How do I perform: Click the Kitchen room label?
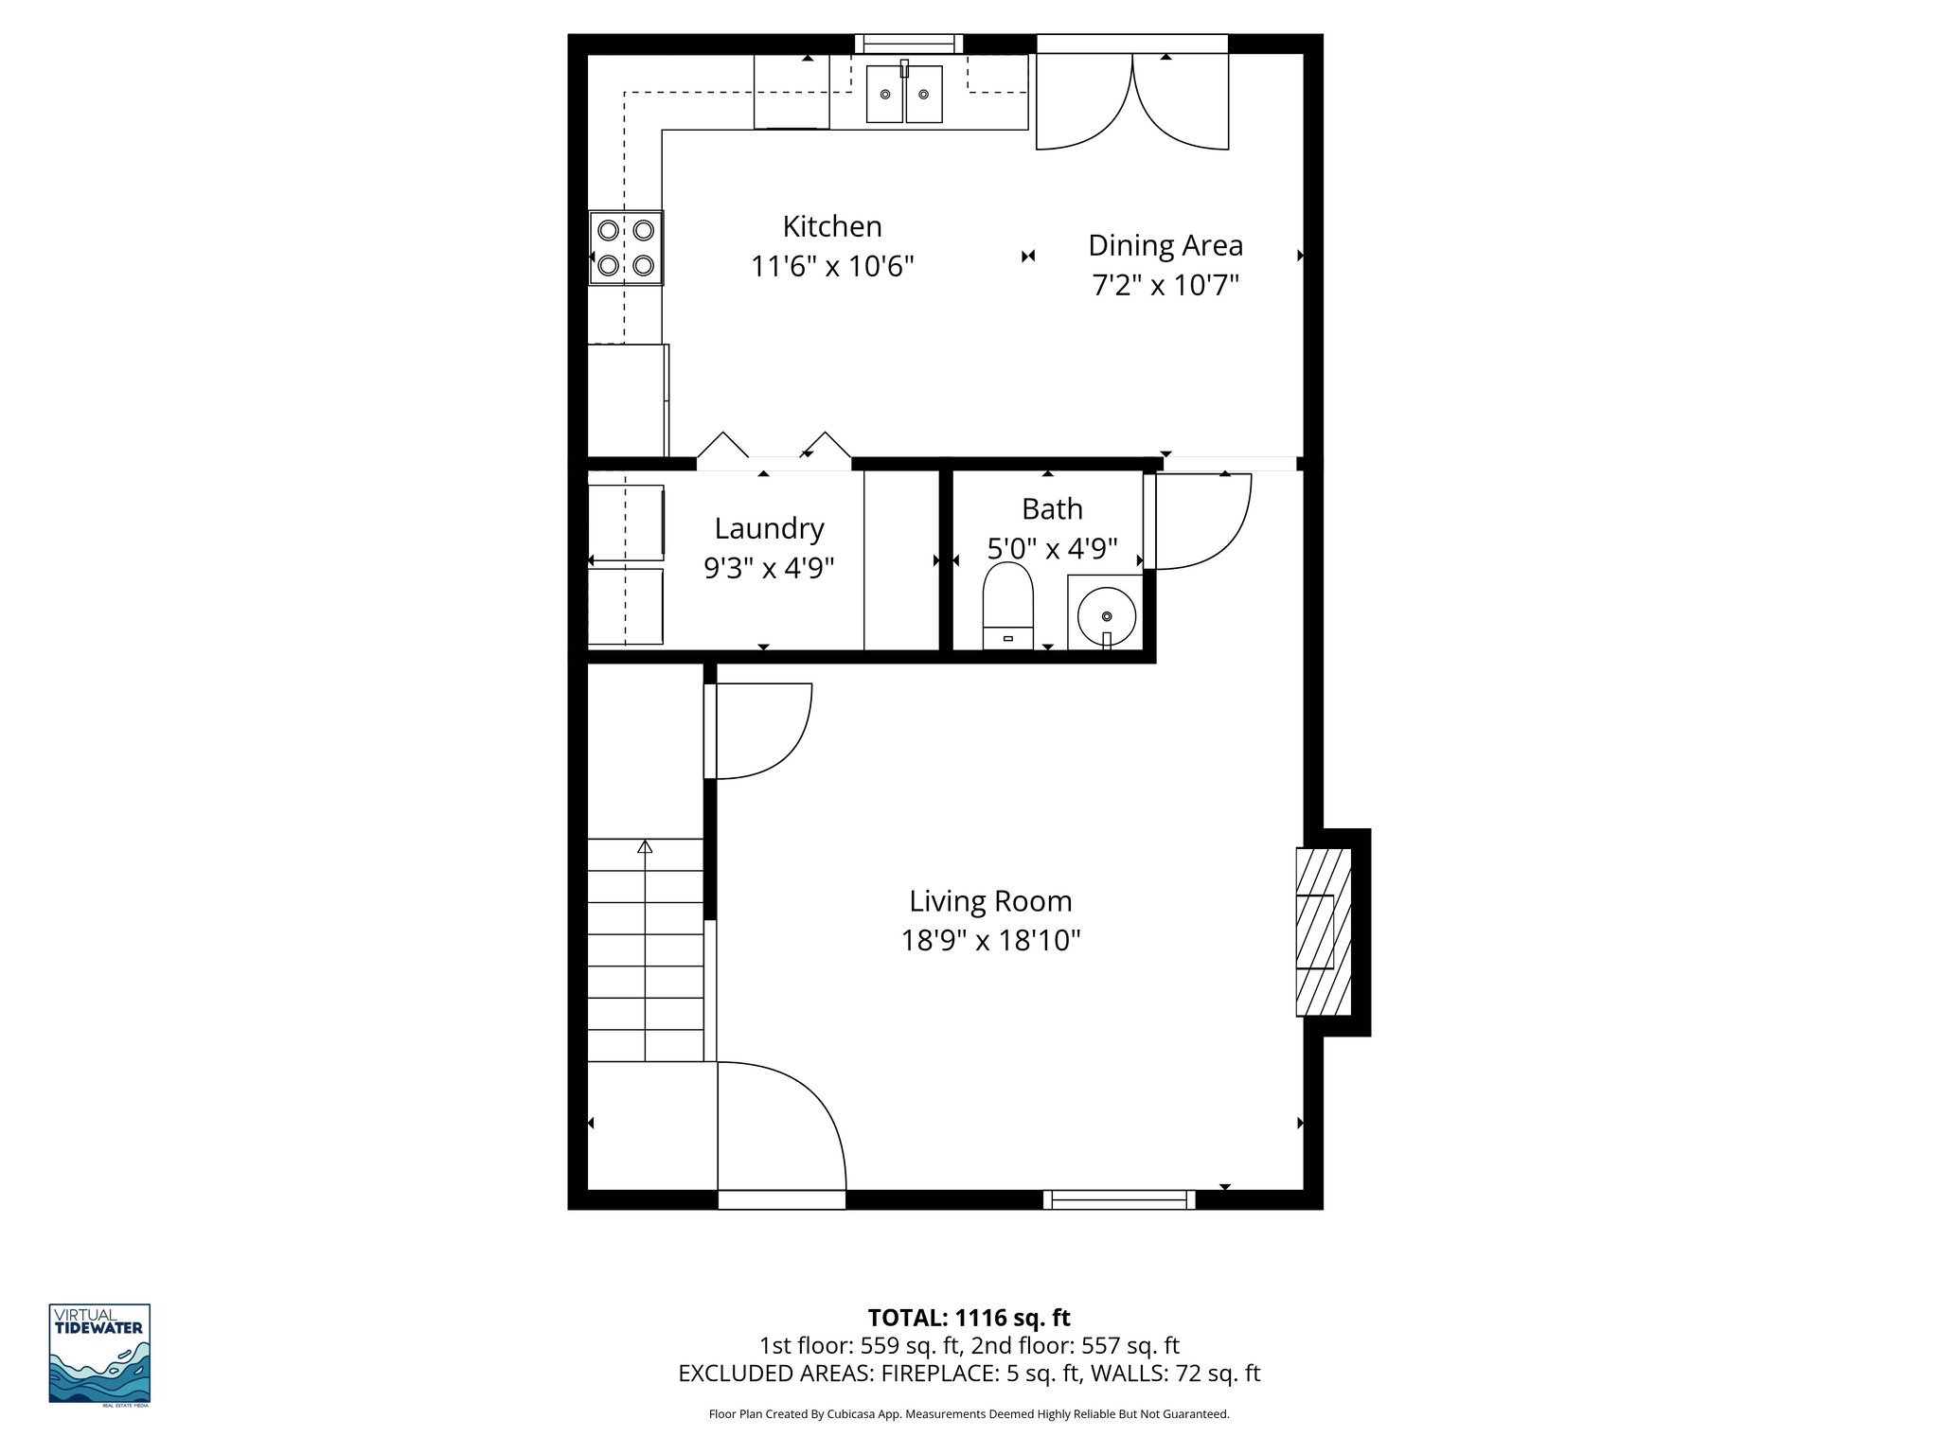(x=831, y=226)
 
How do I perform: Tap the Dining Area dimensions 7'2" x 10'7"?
(x=1165, y=285)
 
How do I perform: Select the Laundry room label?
(x=769, y=528)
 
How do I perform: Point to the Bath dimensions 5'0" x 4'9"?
(x=1052, y=548)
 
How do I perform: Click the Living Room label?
(x=990, y=900)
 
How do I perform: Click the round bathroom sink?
(x=1106, y=615)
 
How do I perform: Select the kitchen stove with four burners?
(x=626, y=248)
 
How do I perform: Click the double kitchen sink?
(x=905, y=94)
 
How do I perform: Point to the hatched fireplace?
(x=1323, y=932)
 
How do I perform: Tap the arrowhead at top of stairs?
(x=646, y=846)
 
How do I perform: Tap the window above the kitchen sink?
(x=909, y=44)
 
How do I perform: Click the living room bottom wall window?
(x=1119, y=1200)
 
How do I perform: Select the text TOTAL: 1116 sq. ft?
(x=969, y=1318)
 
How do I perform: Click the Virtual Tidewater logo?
(x=99, y=1354)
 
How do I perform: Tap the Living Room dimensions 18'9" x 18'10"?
(x=990, y=940)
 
